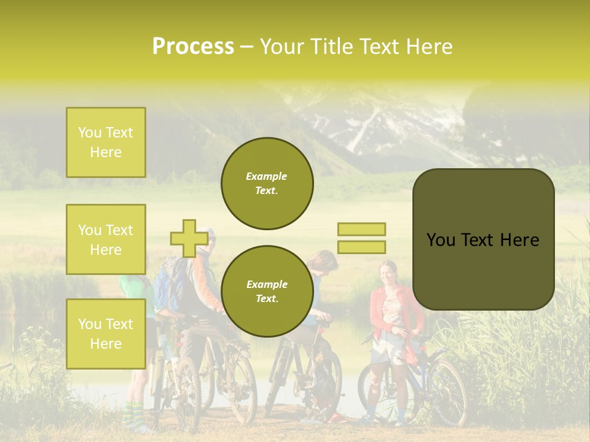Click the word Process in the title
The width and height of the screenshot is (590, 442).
pyautogui.click(x=193, y=46)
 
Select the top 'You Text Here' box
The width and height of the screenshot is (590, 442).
pyautogui.click(x=106, y=142)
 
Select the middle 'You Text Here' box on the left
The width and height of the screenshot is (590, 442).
pyautogui.click(x=106, y=239)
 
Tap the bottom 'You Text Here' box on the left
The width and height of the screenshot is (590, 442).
pyautogui.click(x=106, y=333)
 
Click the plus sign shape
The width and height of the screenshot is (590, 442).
pyautogui.click(x=189, y=238)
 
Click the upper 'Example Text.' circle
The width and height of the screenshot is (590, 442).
pyautogui.click(x=267, y=184)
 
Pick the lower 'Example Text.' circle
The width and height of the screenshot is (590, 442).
pyautogui.click(x=267, y=291)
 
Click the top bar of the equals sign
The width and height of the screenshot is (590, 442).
pyautogui.click(x=361, y=229)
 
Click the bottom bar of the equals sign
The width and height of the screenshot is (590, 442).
pyautogui.click(x=361, y=247)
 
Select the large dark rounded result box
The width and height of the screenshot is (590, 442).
pyautogui.click(x=483, y=239)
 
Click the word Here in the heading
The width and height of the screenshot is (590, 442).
pyautogui.click(x=430, y=46)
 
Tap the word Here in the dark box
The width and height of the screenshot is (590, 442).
pyautogui.click(x=519, y=239)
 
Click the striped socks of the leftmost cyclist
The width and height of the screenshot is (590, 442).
pyautogui.click(x=130, y=415)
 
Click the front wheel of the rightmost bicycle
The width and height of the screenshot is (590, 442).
pyautogui.click(x=445, y=393)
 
